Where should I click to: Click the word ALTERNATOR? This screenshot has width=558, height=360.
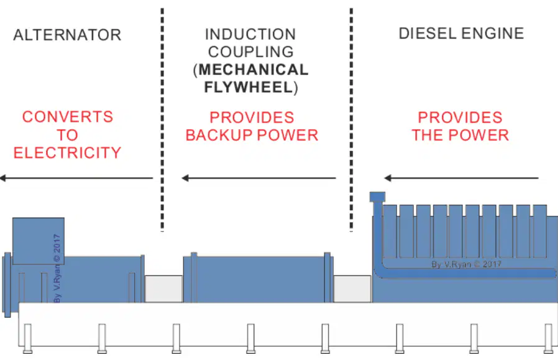pos(67,35)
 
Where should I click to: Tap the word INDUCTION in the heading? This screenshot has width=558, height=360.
pos(250,35)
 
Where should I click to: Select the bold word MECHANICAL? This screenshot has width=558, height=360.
pos(254,70)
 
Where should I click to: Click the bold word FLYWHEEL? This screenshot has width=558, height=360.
pos(249,87)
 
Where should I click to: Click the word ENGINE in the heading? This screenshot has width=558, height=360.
pos(493,34)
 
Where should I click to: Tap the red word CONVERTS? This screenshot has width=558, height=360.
pos(68,117)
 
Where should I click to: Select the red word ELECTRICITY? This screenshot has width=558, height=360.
pos(67,152)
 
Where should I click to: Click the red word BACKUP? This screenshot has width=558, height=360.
pos(219,136)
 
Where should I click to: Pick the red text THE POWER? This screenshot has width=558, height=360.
pos(460,136)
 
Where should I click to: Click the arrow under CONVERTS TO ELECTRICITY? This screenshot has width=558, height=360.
pos(76,178)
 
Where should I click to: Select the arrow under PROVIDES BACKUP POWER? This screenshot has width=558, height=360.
pos(258,178)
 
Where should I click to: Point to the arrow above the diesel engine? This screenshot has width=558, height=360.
pos(462,178)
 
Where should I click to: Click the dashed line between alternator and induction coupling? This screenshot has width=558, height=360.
pos(162,119)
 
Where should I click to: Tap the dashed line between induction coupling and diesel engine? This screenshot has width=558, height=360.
pos(351,119)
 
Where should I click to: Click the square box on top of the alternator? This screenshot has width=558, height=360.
pos(39,241)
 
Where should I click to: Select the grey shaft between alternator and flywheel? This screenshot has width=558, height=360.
pos(163,288)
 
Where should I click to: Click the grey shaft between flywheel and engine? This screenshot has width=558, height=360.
pos(352,288)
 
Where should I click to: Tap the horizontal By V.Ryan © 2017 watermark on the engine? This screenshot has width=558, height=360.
pos(466,264)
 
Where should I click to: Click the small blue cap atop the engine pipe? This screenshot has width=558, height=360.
pos(377,196)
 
